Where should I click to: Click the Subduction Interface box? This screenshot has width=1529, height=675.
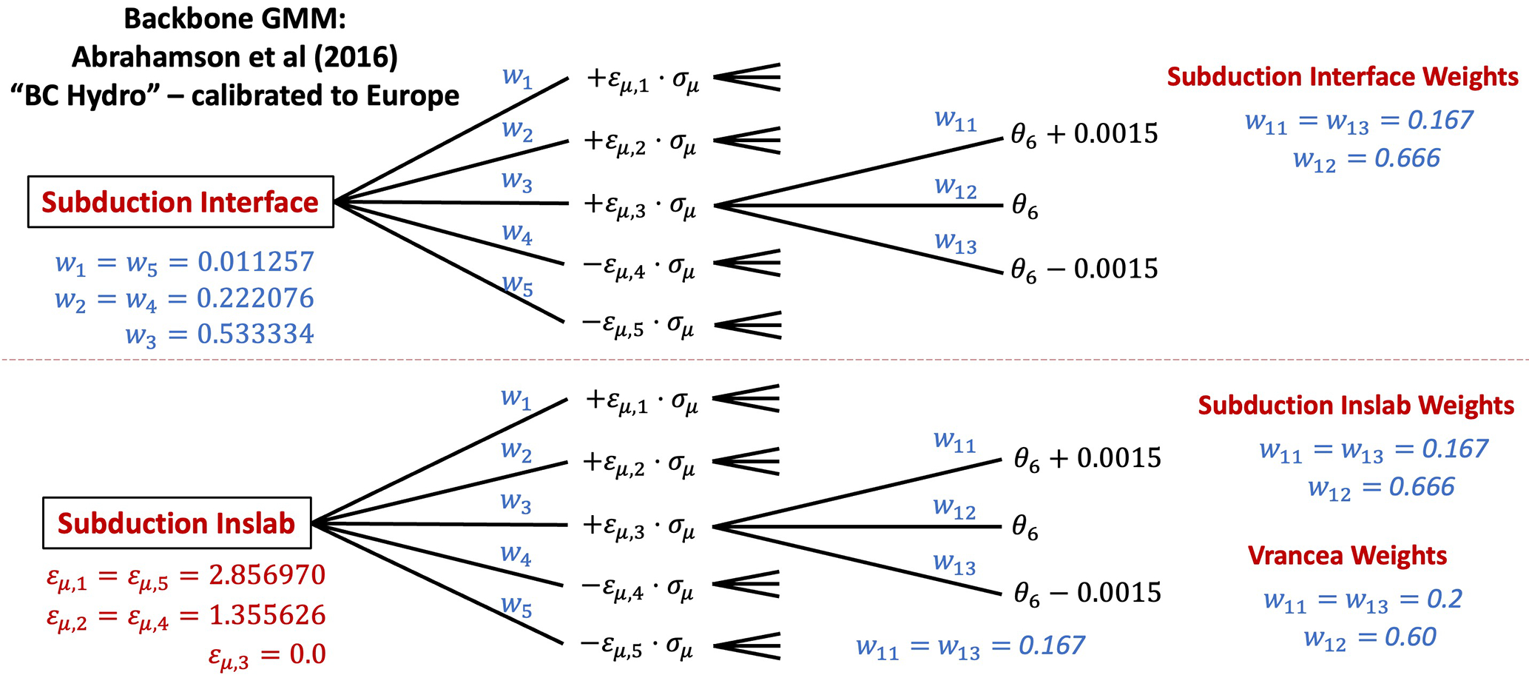[180, 202]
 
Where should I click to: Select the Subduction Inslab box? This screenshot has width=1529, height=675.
[177, 523]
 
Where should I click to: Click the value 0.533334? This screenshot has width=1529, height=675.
[255, 335]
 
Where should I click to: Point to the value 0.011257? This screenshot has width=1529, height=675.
[255, 262]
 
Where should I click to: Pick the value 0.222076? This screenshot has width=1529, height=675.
[255, 298]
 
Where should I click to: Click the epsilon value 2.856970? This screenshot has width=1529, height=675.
[267, 575]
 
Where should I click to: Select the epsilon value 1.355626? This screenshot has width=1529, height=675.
[267, 615]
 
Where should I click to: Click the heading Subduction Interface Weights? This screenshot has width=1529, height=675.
[1343, 77]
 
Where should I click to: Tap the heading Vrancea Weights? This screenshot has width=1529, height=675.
[1347, 556]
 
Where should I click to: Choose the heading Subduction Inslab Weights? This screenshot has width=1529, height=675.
[1356, 406]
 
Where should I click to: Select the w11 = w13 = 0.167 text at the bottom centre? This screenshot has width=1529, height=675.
[970, 646]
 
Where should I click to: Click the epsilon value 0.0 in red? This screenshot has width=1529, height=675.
[308, 654]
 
